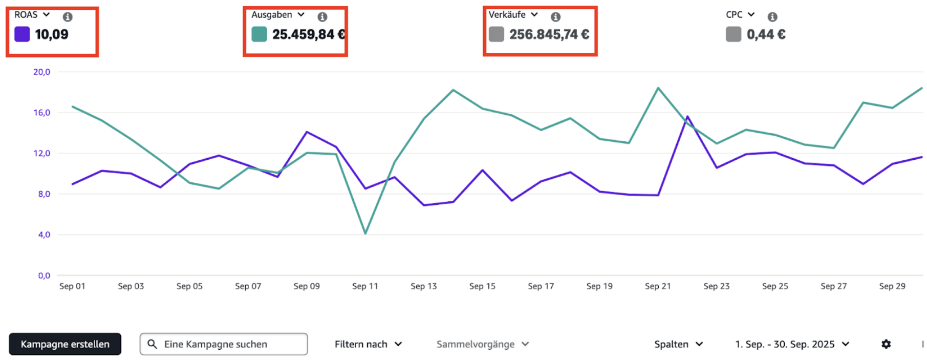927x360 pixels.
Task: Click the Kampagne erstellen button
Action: tap(65, 344)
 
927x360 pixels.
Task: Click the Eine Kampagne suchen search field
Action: tap(224, 344)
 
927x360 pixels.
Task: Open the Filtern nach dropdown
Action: tap(368, 344)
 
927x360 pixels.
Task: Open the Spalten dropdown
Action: tap(678, 344)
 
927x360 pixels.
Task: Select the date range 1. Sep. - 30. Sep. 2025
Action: tap(791, 344)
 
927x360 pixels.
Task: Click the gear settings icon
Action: tap(886, 344)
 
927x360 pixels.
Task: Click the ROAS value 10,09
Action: tap(52, 34)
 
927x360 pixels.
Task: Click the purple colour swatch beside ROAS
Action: tap(22, 34)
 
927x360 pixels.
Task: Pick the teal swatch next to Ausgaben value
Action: tap(259, 34)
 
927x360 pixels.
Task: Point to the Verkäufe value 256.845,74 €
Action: tap(549, 34)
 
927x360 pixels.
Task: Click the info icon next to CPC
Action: tap(772, 17)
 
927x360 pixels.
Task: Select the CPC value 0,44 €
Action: tap(766, 34)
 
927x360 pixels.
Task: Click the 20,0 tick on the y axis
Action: tap(42, 72)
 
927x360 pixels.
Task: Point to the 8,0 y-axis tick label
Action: tap(44, 194)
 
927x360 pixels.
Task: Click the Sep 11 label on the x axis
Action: tap(365, 286)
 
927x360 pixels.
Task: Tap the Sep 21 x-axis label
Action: tap(658, 286)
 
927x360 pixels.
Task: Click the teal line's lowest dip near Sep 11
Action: tap(365, 234)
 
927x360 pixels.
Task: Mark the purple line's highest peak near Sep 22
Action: tap(687, 117)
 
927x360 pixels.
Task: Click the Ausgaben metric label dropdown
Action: tap(278, 15)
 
